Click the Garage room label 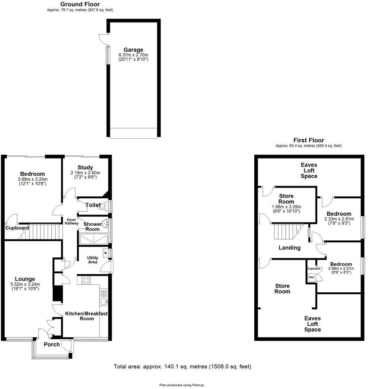pos(133,50)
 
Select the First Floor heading pos(309,140)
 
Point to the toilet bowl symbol pos(102,206)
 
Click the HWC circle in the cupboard pos(311,277)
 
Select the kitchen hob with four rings pos(86,280)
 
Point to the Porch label pos(52,344)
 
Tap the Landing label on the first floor pos(289,248)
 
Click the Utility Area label pos(93,260)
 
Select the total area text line pos(182,367)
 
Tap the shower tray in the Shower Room pos(94,239)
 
